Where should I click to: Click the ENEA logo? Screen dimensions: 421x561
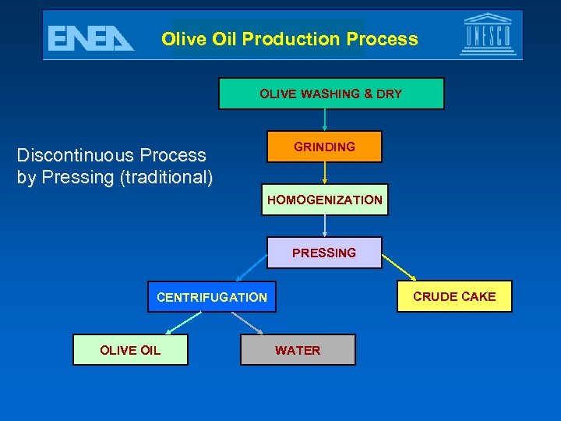pos(90,37)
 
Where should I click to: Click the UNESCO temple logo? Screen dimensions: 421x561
pos(488,34)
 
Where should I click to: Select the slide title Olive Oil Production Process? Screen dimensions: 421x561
pos(290,39)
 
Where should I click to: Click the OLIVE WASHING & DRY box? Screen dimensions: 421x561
pos(330,94)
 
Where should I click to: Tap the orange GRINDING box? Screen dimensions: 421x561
pos(324,147)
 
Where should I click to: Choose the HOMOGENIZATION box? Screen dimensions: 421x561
pos(324,200)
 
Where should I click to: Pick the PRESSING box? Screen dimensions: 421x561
pos(324,253)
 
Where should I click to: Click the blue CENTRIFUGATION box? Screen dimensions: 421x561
pos(212,296)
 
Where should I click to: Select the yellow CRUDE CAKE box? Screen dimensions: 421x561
pos(454,296)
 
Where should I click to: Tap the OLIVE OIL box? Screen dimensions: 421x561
pos(130,350)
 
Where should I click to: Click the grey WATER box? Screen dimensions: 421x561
pos(297,350)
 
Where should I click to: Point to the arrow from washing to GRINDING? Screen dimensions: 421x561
pos(324,120)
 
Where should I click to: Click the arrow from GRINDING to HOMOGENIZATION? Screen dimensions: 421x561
pos(324,173)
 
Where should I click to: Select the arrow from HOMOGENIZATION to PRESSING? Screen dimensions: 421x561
pos(324,226)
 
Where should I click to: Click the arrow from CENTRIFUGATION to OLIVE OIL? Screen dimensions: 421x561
pos(182,323)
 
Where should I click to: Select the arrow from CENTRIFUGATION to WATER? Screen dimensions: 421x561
pos(247,323)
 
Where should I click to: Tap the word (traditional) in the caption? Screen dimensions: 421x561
pos(165,177)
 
